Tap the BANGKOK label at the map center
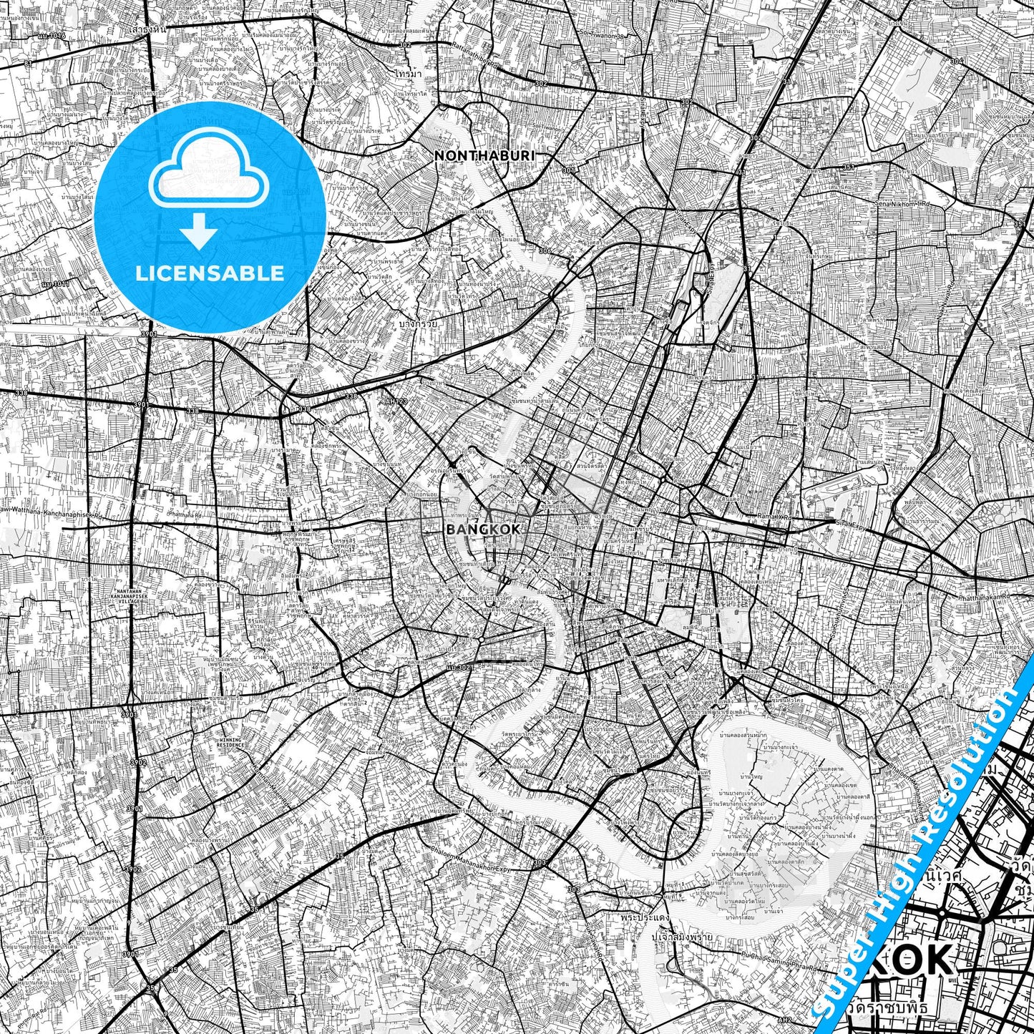(x=483, y=530)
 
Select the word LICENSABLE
(x=210, y=273)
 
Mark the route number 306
(x=545, y=251)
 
